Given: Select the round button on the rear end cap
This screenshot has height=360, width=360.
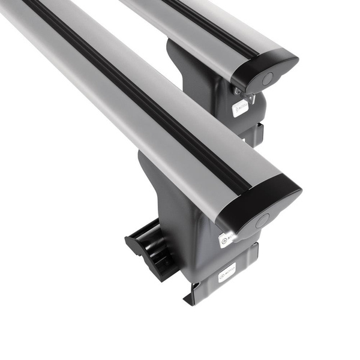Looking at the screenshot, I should point(268,78).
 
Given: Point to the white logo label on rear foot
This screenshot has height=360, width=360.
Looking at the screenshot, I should point(241,108).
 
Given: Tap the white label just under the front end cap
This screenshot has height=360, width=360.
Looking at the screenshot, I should point(227,239).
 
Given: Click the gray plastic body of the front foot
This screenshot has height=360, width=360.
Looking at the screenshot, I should point(180,210).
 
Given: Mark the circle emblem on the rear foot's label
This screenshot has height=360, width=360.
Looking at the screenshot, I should point(236,110).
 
